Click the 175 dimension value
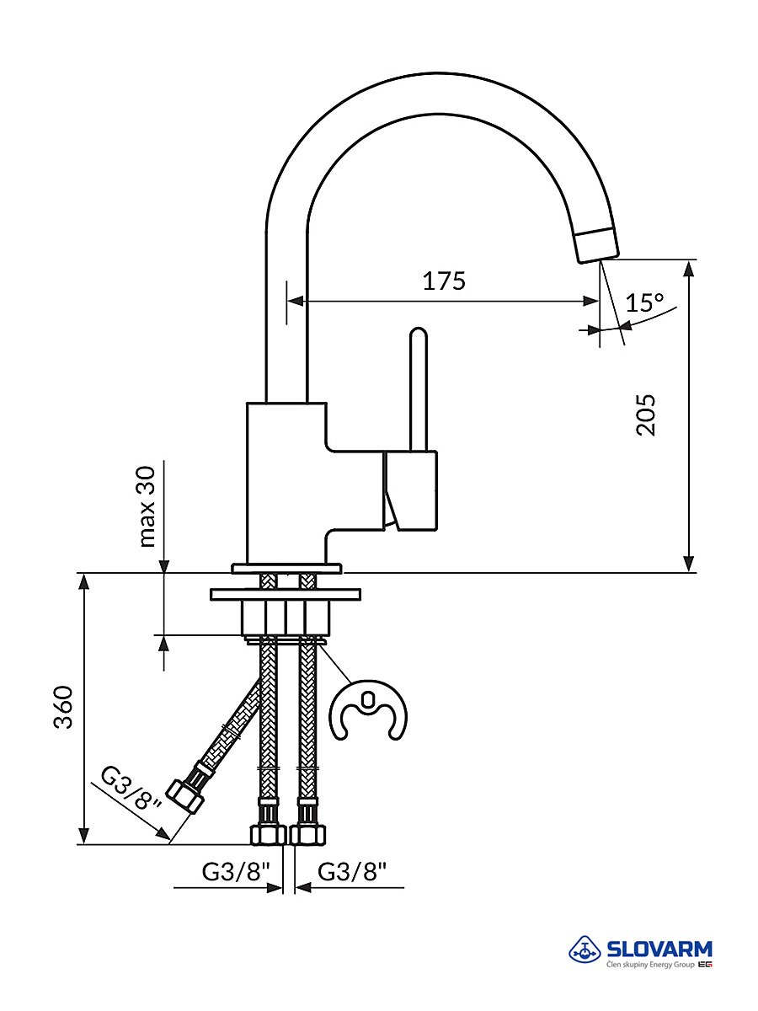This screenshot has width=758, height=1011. [444, 281]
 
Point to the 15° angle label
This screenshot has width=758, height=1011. [645, 302]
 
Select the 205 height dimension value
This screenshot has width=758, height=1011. [646, 415]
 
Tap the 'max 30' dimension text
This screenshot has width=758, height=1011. [148, 505]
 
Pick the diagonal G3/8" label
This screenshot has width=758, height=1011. [131, 788]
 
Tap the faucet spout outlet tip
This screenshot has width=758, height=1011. [598, 245]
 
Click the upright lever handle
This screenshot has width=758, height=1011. [418, 388]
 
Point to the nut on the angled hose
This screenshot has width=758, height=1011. [185, 795]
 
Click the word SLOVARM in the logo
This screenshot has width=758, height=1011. [659, 949]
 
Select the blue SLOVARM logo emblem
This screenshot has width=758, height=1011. [585, 950]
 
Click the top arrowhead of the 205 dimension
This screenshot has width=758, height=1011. [689, 268]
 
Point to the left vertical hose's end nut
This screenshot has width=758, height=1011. [268, 834]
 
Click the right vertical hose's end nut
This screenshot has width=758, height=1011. [307, 834]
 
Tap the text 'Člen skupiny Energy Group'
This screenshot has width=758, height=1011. [650, 965]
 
